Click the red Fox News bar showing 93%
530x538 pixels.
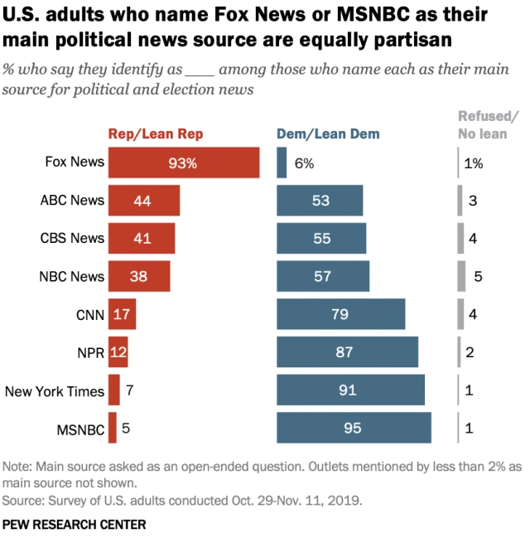click(183, 162)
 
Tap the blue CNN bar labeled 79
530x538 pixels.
click(340, 315)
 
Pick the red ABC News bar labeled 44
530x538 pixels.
click(143, 201)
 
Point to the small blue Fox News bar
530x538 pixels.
click(282, 162)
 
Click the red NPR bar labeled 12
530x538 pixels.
click(118, 353)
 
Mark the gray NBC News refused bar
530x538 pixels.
click(461, 277)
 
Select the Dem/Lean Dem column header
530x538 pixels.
click(328, 133)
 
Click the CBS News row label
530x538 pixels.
click(73, 239)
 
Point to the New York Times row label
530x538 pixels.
click(55, 391)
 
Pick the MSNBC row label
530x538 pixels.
click(82, 429)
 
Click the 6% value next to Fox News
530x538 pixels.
click(304, 163)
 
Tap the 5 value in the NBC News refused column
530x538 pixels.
click(478, 277)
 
